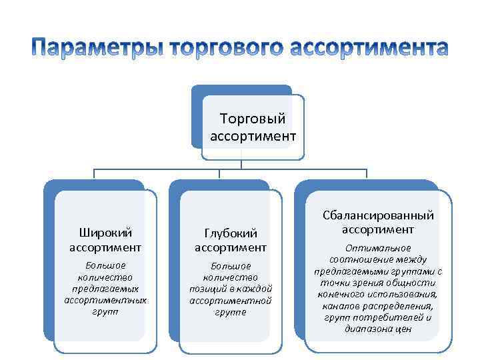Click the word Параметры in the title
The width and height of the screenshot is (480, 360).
point(98,48)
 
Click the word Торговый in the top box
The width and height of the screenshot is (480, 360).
point(253,119)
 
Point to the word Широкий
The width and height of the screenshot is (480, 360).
point(105,233)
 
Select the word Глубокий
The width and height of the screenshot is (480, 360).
point(231,233)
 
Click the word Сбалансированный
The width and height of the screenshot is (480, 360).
point(378,215)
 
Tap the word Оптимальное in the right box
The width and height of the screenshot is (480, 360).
point(378,249)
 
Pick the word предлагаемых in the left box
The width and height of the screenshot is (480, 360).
point(105,289)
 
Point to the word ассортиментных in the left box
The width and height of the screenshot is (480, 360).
point(105,300)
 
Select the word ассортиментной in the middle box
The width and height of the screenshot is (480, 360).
point(231,300)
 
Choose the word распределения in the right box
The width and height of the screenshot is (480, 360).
point(403,306)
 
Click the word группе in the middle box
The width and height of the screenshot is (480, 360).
point(231,311)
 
